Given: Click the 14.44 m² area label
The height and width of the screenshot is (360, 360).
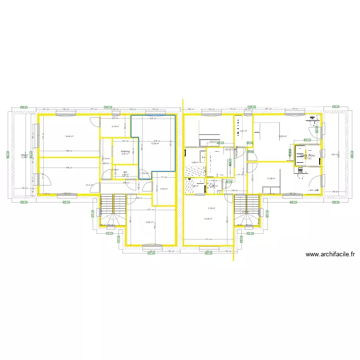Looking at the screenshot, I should pyautogui.click(x=70, y=137).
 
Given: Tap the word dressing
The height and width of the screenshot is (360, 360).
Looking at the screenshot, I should pyautogui.click(x=124, y=151).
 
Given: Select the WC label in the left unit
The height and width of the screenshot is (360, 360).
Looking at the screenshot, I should pyautogui.click(x=125, y=172).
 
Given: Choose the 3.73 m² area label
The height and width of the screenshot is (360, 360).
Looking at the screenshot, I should pyautogui.click(x=115, y=127).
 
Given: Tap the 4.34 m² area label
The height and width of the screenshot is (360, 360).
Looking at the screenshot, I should pyautogui.click(x=163, y=189).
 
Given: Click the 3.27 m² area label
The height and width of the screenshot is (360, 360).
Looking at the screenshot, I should pyautogui.click(x=243, y=131).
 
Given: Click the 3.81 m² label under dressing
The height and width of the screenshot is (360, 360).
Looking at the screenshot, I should pyautogui.click(x=124, y=154).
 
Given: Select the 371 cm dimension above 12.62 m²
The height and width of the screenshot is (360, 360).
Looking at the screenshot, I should pyautogui.click(x=150, y=210).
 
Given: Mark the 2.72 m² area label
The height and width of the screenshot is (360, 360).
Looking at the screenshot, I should pyautogui.click(x=105, y=159).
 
